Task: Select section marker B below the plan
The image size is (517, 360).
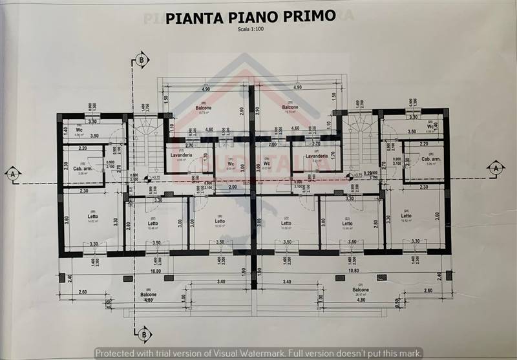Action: point(142,334)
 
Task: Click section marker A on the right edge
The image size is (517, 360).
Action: point(496,167)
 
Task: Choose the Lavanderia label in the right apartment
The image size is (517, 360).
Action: point(317,156)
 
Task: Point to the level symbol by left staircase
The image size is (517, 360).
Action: point(149,178)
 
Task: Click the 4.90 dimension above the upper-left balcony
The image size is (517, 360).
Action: point(206,89)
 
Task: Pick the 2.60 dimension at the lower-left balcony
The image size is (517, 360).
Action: point(83,291)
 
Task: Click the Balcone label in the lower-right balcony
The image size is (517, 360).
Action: point(361,290)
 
